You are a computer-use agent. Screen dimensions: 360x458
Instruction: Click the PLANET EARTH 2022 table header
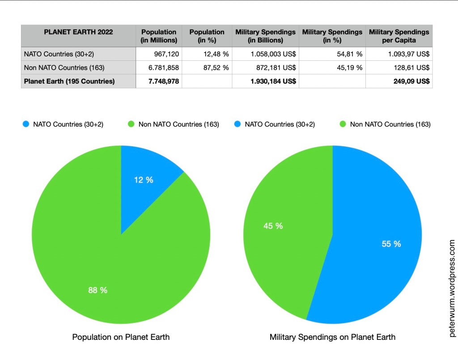tap(78, 32)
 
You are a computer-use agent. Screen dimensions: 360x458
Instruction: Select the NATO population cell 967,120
tap(164, 54)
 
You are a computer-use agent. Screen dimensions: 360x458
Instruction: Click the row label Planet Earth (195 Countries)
tap(69, 81)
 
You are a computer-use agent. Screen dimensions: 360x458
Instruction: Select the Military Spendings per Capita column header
tap(399, 36)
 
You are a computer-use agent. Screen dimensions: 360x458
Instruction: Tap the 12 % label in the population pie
tap(144, 180)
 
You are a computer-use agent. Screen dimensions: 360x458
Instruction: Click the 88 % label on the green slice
tap(98, 290)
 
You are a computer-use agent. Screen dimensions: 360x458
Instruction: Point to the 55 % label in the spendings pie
tap(391, 244)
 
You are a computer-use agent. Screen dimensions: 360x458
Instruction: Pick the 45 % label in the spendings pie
tap(273, 226)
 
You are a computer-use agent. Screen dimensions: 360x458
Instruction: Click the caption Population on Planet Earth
tap(121, 337)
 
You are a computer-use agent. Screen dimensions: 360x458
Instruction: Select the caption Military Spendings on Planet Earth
tap(332, 337)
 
